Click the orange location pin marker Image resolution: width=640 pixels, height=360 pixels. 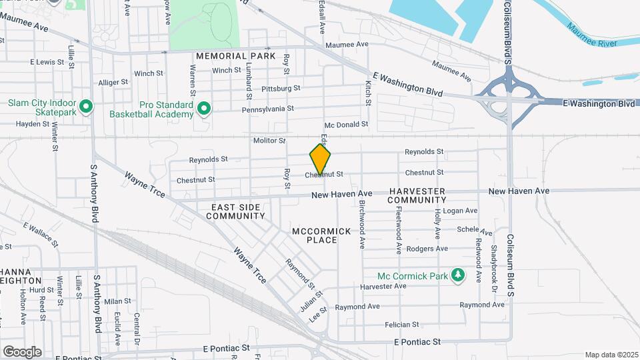tap(320, 159)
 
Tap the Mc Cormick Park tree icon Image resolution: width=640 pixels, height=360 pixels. tap(457, 275)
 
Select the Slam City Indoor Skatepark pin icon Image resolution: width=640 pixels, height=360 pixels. tap(85, 107)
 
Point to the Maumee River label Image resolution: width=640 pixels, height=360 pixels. tap(591, 36)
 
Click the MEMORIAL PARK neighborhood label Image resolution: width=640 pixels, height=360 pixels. tap(235, 56)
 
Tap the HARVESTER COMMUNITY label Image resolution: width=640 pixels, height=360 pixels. tap(417, 195)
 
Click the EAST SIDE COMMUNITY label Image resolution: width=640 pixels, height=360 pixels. tap(235, 211)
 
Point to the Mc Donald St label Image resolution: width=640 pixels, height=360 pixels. tap(346, 125)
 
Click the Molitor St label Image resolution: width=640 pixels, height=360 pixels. tap(269, 141)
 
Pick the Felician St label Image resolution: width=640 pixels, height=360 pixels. tap(401, 325)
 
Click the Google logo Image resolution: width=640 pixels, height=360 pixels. tap(22, 351)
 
